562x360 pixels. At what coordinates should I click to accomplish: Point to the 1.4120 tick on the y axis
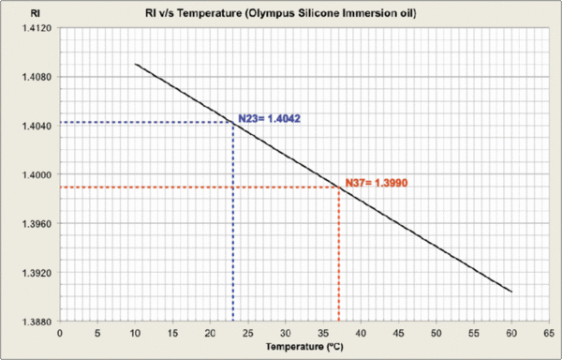[x=32, y=28]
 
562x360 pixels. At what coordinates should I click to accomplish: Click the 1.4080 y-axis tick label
[x=32, y=77]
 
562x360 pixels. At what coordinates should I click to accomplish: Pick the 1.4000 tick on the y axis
[x=32, y=174]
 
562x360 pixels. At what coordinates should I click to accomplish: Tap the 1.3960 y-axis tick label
[x=32, y=223]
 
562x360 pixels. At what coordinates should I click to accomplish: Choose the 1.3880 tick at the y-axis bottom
[x=32, y=322]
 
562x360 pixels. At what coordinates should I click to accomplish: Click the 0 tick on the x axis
[x=59, y=332]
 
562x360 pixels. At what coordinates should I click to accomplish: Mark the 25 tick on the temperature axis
[x=247, y=332]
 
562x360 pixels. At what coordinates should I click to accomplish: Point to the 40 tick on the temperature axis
[x=361, y=332]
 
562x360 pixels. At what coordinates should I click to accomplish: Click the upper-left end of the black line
[x=135, y=65]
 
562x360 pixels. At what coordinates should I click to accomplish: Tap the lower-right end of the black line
[x=511, y=292]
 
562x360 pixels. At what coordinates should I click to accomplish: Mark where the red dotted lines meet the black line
[x=338, y=187]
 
